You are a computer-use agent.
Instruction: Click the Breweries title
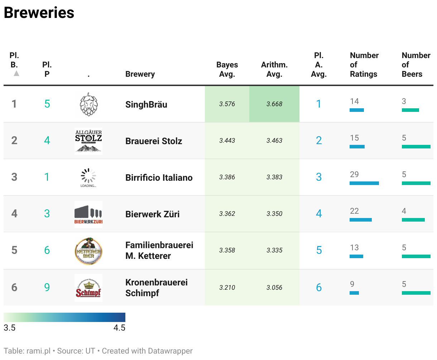point(39,13)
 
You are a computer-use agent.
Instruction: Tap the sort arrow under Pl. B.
point(16,73)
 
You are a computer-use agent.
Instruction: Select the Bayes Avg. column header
point(227,69)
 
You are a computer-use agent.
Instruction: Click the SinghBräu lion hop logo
point(88,104)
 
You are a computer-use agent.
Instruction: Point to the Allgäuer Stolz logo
point(88,141)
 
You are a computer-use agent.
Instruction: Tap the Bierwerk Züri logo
point(88,214)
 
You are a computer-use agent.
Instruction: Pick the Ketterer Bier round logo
point(88,251)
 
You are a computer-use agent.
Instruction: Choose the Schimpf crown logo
point(88,288)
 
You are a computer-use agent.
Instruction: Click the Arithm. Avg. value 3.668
point(274,104)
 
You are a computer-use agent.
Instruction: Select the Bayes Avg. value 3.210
point(227,288)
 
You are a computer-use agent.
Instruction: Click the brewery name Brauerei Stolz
point(154,141)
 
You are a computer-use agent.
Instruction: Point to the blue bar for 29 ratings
point(364,183)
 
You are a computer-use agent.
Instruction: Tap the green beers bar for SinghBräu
point(410,110)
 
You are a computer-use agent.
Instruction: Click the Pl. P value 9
point(47,287)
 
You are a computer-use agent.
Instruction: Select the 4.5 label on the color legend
point(119,328)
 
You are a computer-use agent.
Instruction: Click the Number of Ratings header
point(364,65)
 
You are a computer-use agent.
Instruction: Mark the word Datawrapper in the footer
point(170,351)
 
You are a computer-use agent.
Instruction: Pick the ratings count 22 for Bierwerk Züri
point(354,211)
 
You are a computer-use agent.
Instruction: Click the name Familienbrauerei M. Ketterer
point(159,251)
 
